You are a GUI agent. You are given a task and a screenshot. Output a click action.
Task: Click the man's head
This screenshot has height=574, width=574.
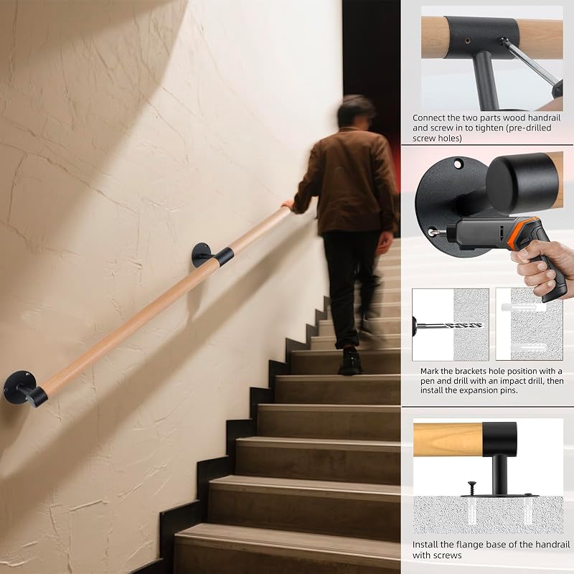coord(356,112)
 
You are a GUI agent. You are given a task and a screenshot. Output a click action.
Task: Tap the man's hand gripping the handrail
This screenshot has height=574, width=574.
coord(288,204)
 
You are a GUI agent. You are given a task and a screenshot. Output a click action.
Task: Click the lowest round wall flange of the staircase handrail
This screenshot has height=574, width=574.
coord(17,387)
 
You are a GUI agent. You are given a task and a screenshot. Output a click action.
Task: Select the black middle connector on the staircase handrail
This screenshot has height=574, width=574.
coord(224,256)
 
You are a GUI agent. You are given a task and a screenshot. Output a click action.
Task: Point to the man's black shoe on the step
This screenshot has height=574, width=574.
coord(350,362)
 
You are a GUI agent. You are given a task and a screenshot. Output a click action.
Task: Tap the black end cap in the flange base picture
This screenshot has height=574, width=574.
coord(499,439)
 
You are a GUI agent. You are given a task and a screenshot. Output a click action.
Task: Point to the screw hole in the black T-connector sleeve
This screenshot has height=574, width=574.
coord(468,41)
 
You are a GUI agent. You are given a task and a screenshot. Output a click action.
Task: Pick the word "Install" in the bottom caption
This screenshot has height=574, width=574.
coord(425,545)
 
